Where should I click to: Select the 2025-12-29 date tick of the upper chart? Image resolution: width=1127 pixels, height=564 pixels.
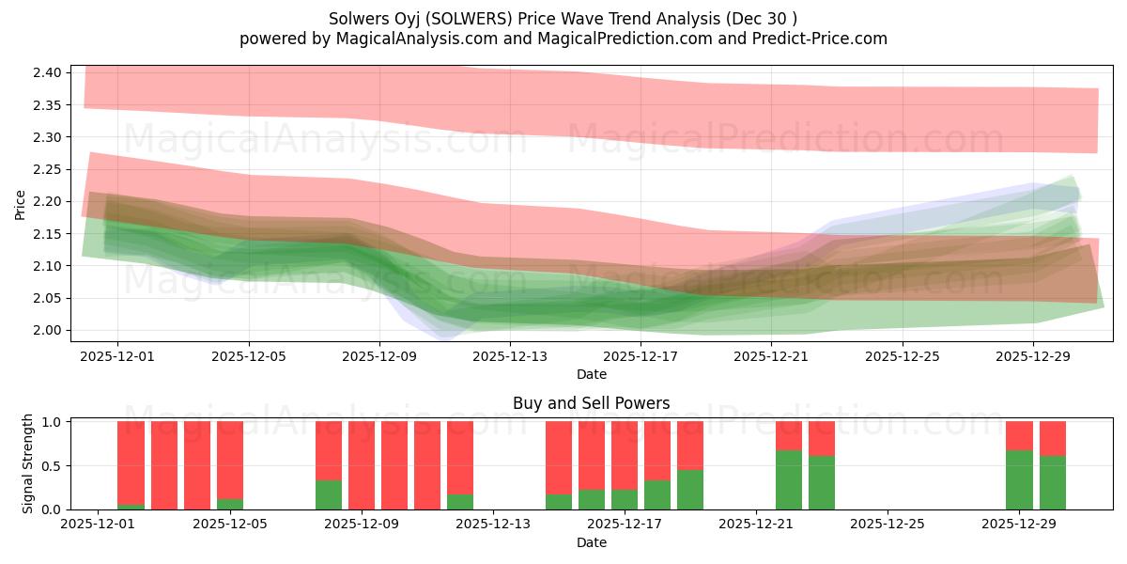[x=1033, y=356]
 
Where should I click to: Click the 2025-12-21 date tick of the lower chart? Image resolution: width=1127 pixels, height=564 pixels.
[x=756, y=525]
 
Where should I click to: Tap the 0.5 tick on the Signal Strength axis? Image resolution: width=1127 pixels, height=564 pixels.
[x=53, y=466]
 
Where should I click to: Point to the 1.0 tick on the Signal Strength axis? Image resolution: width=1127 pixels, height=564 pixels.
[x=53, y=422]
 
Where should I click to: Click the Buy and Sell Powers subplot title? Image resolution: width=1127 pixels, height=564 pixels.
[x=591, y=403]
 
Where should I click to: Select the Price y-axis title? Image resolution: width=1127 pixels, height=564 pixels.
[x=21, y=204]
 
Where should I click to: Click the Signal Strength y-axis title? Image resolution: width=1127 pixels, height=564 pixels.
[x=28, y=463]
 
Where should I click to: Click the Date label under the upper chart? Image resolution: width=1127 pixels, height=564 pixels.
[x=591, y=374]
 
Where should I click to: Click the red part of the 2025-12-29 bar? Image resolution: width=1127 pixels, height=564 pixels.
[x=1019, y=435]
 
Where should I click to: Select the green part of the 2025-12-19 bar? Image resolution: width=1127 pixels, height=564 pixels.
[x=690, y=490]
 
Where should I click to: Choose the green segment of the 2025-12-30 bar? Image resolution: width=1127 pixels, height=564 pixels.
[x=1052, y=483]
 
